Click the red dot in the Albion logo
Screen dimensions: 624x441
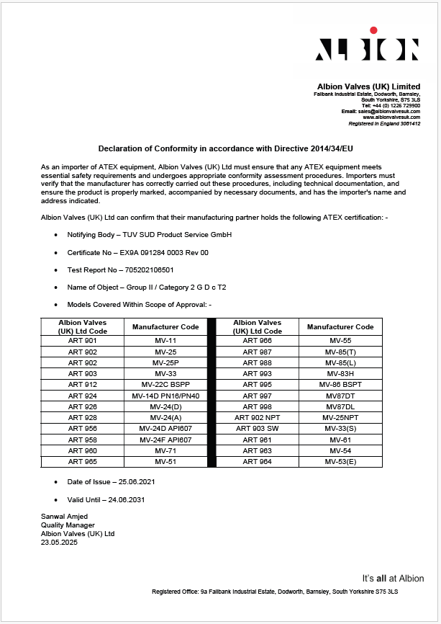point(373,30)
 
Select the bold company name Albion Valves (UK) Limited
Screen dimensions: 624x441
point(368,86)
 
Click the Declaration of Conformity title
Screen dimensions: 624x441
point(225,147)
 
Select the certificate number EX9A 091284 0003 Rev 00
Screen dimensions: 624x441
point(162,253)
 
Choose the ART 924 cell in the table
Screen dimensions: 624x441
point(82,396)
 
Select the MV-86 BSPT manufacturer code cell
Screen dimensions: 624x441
point(340,385)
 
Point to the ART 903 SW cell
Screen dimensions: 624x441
point(257,429)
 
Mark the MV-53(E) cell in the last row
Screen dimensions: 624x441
point(340,461)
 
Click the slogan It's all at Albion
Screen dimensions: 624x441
point(393,578)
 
